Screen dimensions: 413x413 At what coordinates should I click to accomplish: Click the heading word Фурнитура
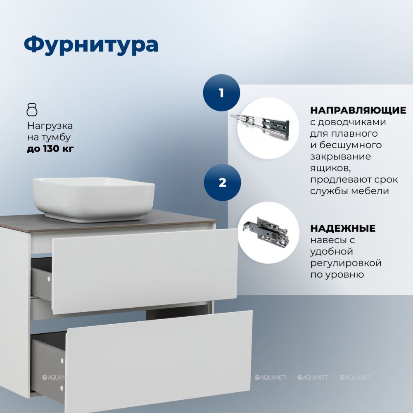click(91, 45)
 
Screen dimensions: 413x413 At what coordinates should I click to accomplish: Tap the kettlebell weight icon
click(32, 109)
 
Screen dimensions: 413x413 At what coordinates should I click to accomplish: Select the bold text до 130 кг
click(50, 149)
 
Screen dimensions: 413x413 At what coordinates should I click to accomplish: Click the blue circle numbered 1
click(221, 93)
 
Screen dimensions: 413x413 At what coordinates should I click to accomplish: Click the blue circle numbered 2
click(222, 182)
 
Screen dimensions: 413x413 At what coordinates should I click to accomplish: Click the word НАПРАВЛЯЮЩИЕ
click(358, 110)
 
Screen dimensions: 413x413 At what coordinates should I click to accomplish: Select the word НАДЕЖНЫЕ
click(343, 228)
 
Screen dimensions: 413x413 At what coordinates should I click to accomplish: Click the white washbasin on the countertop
click(93, 199)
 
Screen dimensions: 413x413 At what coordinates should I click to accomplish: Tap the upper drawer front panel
click(145, 271)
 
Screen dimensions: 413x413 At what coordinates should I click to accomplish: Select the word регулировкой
click(346, 263)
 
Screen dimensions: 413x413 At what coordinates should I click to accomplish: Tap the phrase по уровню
click(337, 275)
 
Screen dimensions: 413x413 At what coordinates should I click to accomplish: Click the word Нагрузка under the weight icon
click(50, 126)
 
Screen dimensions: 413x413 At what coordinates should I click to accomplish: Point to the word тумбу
click(57, 137)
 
